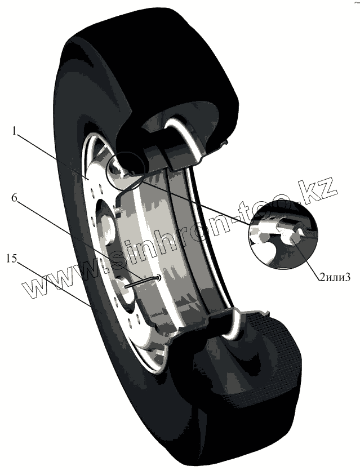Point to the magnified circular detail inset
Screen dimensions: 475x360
click(282, 234)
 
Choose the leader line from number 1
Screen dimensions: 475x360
click(54, 155)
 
